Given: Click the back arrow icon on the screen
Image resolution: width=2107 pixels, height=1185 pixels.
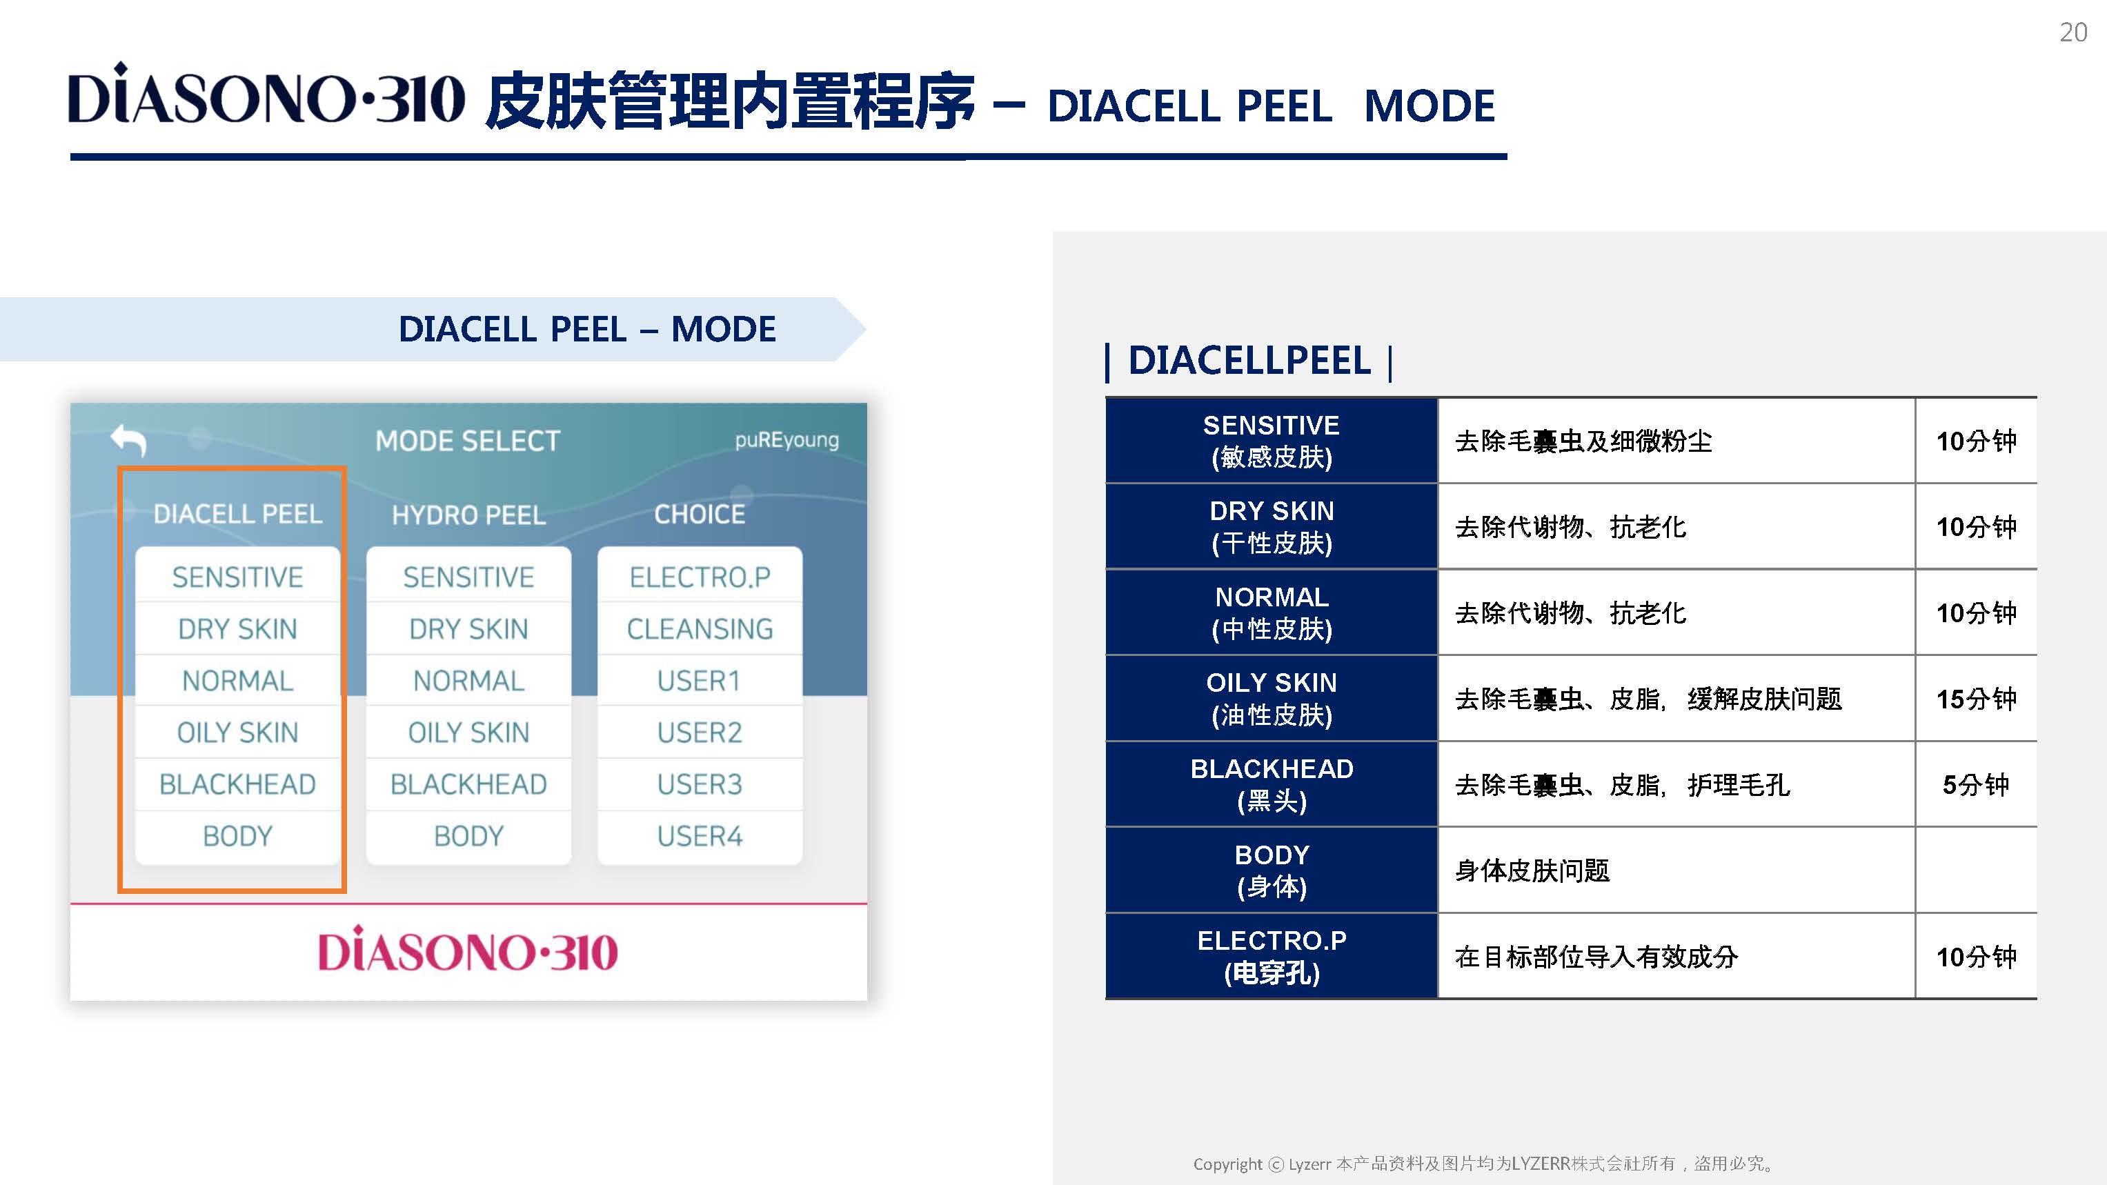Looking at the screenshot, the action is coord(128,440).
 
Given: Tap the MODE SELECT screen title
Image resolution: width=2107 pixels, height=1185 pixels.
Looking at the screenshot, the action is coord(468,441).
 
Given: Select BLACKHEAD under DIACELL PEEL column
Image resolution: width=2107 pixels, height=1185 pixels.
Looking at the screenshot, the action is coord(237,784).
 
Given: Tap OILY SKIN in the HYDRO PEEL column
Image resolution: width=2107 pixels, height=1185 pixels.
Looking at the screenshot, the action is coord(468,733).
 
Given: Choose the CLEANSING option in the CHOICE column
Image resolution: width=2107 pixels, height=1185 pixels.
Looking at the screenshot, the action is coord(700,629).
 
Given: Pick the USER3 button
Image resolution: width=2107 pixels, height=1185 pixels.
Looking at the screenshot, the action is coord(700,784).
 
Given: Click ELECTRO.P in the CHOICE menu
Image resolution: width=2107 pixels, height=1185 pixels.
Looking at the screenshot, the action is coord(700,577).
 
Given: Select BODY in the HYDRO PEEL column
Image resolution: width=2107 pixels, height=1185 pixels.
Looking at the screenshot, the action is coord(468,837).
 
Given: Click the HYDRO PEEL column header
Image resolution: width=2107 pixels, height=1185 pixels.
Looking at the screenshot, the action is coord(468,515).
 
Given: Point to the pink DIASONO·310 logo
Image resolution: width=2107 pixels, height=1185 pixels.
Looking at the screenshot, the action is coord(468,950).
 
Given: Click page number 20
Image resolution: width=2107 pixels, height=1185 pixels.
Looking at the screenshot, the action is coord(2073,32).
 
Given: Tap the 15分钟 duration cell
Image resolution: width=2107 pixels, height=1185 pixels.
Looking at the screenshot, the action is coord(1976,699).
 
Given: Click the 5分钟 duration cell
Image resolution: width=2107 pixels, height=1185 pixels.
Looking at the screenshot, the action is coord(1976,785).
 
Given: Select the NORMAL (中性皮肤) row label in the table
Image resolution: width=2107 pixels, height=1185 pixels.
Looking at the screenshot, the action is coord(1272,613).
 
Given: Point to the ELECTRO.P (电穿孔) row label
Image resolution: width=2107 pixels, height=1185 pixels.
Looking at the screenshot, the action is coord(1272,956).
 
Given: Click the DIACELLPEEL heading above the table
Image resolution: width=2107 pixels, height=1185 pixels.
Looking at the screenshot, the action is coord(1249,361).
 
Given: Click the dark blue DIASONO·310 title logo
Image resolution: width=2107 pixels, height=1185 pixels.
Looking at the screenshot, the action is coord(266,93).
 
